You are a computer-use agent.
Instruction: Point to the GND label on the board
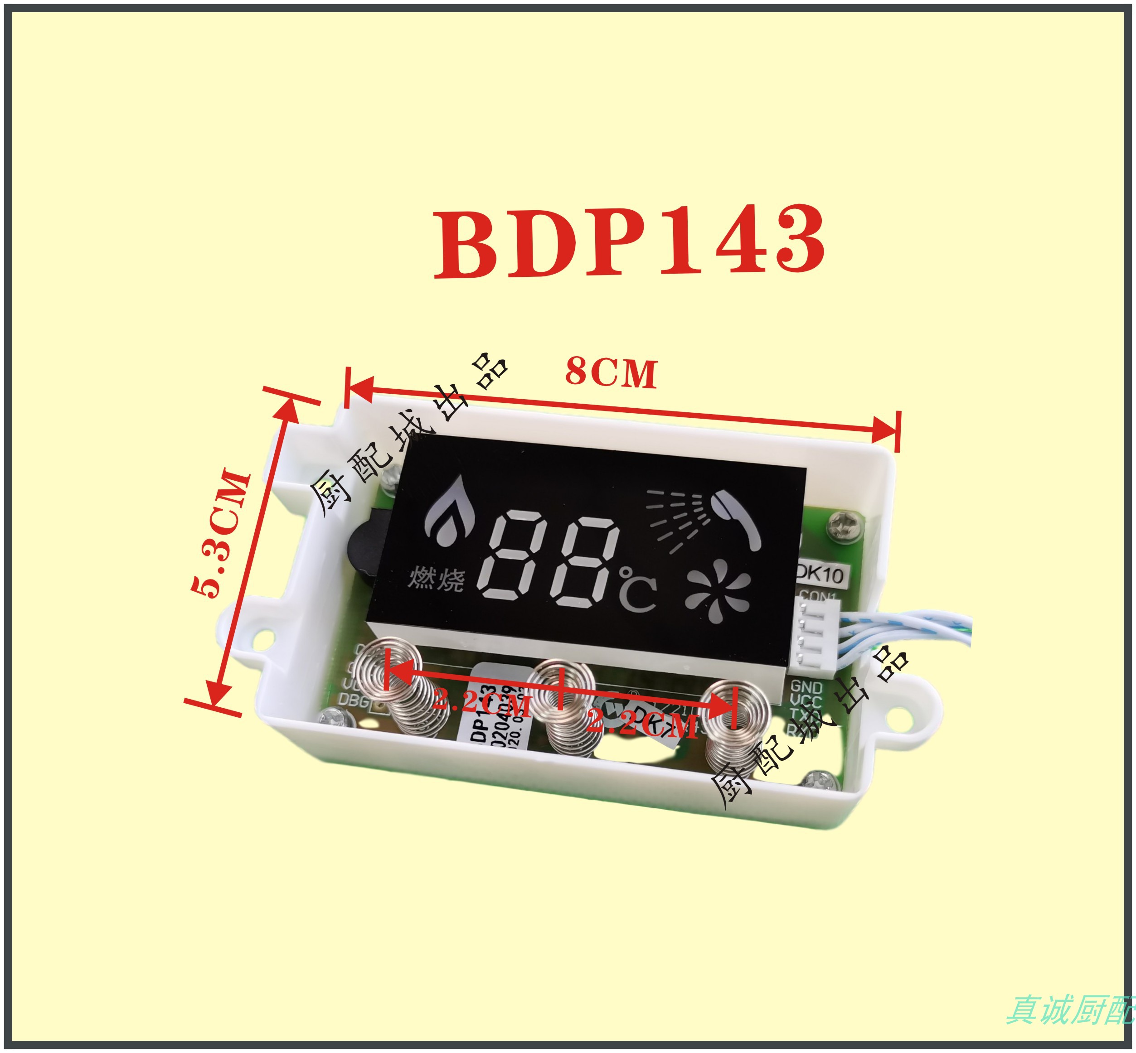(x=806, y=686)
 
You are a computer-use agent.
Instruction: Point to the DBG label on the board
(x=354, y=699)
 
